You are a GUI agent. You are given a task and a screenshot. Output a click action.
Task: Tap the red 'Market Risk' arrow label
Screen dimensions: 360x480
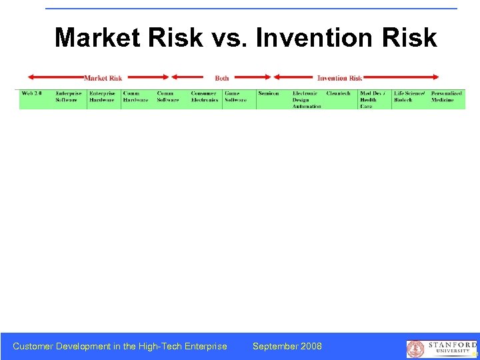pyautogui.click(x=103, y=78)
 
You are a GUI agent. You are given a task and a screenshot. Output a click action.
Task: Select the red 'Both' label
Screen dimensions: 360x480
pyautogui.click(x=222, y=78)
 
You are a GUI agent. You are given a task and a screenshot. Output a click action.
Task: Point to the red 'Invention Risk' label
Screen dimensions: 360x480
pyautogui.click(x=339, y=78)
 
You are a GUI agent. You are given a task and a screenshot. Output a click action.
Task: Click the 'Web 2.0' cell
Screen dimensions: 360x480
pyautogui.click(x=32, y=93)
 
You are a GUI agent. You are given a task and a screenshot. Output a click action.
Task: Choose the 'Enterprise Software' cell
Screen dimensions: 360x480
pyautogui.click(x=68, y=97)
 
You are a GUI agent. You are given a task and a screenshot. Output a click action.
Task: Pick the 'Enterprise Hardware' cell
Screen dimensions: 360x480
pyautogui.click(x=102, y=97)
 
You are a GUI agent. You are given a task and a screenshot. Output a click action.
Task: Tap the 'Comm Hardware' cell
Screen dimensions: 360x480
pyautogui.click(x=135, y=97)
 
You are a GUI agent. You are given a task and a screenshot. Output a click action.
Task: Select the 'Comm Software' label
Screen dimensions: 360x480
pyautogui.click(x=168, y=97)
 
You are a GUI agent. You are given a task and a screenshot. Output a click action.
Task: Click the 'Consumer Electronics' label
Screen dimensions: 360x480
pyautogui.click(x=205, y=97)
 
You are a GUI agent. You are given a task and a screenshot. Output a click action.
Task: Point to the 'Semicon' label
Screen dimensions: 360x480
pyautogui.click(x=269, y=93)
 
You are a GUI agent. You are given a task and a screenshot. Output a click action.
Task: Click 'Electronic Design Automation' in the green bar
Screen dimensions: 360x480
pyautogui.click(x=307, y=99)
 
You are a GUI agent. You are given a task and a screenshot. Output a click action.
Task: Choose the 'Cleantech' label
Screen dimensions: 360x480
pyautogui.click(x=338, y=93)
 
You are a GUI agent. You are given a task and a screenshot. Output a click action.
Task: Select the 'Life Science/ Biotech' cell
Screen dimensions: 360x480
pyautogui.click(x=409, y=97)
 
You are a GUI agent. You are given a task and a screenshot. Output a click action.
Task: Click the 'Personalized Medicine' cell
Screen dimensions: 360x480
pyautogui.click(x=446, y=97)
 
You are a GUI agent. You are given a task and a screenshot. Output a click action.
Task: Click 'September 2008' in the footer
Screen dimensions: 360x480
pyautogui.click(x=287, y=346)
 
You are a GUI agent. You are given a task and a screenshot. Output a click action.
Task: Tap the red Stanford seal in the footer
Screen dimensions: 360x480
pyautogui.click(x=415, y=349)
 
